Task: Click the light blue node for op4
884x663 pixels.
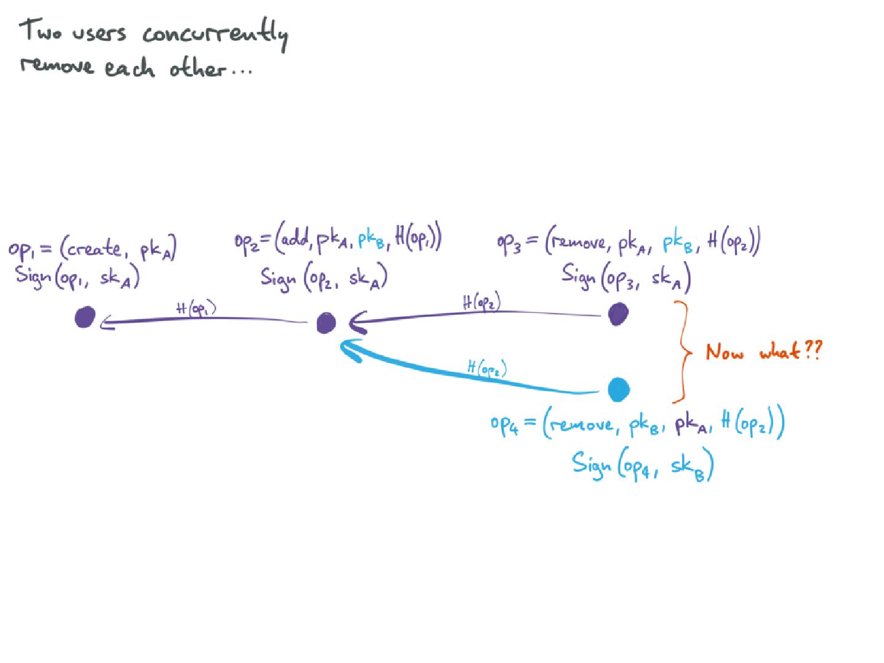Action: click(619, 389)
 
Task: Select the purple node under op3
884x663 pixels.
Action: click(618, 314)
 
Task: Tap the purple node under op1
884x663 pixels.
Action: click(85, 317)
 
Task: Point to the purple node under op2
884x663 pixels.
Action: click(327, 322)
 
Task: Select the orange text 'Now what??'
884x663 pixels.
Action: click(763, 351)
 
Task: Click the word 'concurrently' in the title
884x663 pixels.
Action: click(215, 34)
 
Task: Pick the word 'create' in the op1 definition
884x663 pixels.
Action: click(95, 249)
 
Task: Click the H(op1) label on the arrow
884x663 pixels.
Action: click(196, 308)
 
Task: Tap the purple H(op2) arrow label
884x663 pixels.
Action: click(481, 302)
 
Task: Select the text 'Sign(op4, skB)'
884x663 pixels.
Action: click(642, 465)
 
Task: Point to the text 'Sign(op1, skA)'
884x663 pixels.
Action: click(77, 277)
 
